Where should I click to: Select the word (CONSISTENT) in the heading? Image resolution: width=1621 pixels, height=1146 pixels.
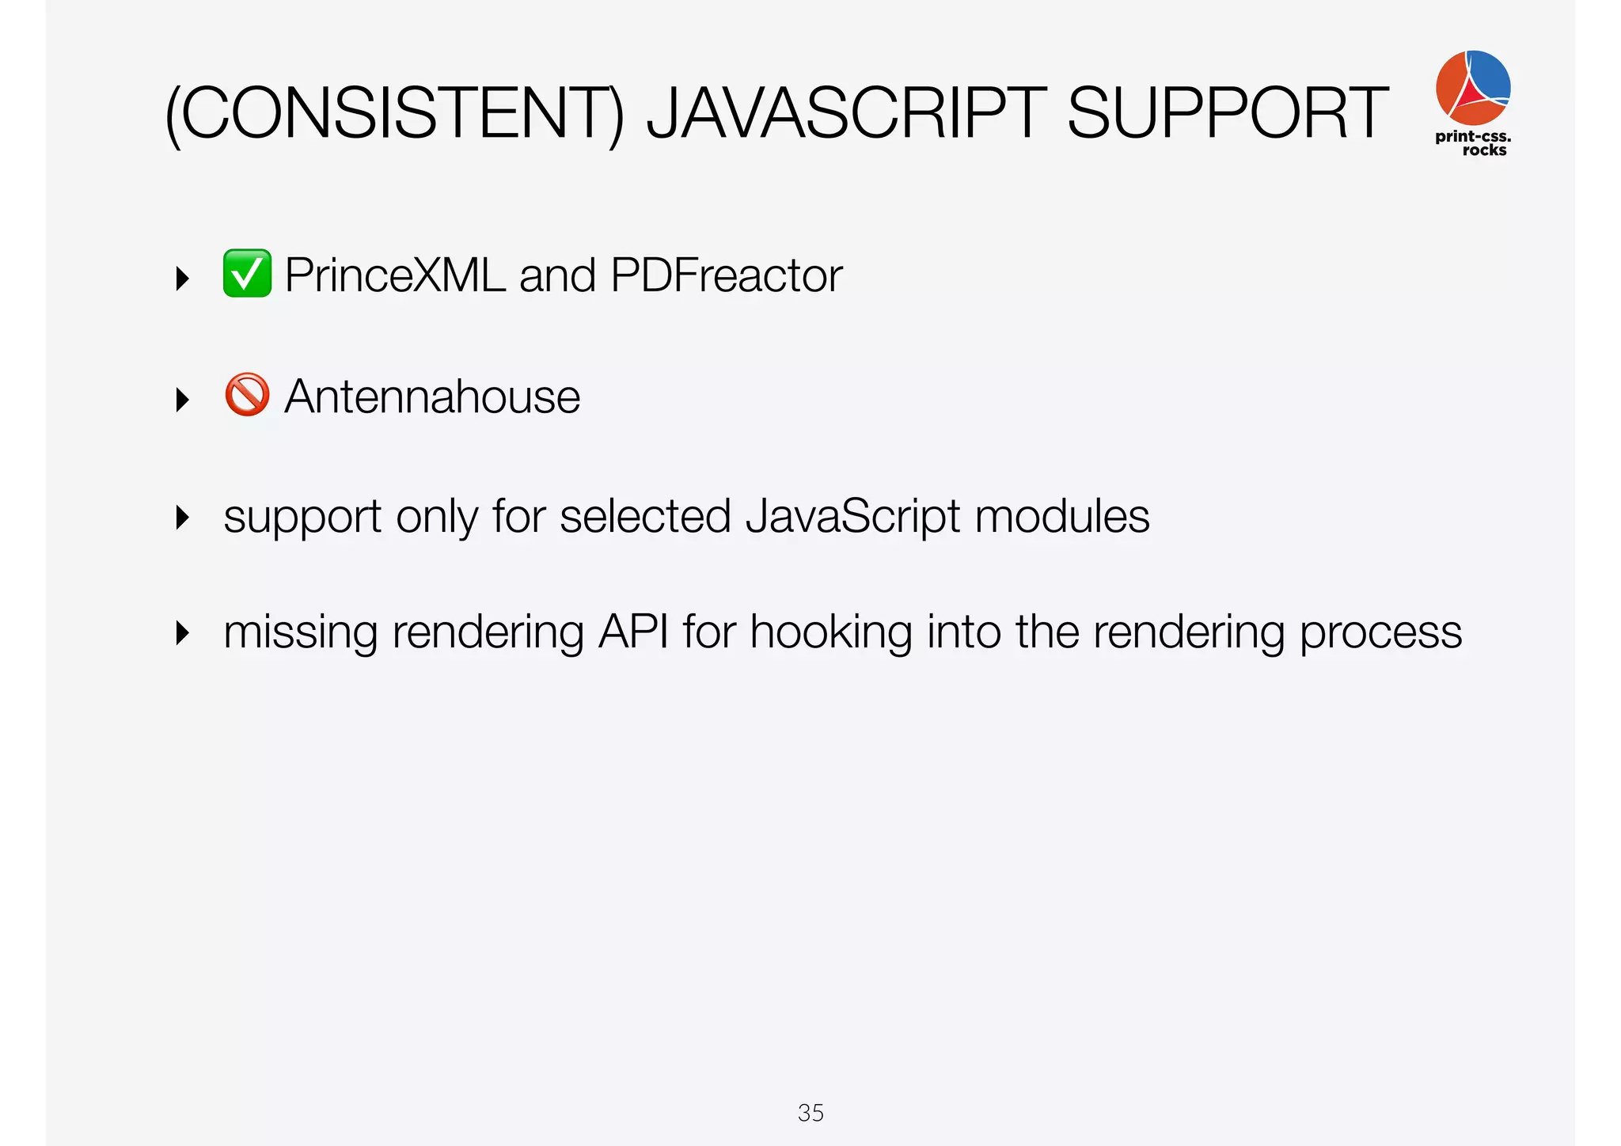click(x=394, y=115)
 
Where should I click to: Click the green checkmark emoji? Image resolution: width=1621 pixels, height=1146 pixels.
click(x=247, y=274)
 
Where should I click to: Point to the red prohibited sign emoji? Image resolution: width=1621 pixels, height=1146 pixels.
click(x=247, y=395)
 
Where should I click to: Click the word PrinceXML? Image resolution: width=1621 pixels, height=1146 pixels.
click(x=394, y=275)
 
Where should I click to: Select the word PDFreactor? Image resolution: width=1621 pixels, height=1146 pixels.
click(x=726, y=275)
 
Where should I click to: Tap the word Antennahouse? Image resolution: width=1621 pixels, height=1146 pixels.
click(x=432, y=397)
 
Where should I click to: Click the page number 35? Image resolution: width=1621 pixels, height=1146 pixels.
click(x=810, y=1113)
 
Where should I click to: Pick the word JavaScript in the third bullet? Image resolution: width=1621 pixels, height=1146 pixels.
click(x=853, y=518)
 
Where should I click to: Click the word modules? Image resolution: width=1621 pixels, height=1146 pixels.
click(x=1062, y=517)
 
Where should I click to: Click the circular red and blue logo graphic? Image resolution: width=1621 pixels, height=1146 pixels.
click(x=1472, y=87)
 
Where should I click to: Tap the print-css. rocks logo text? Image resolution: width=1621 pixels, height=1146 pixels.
click(x=1473, y=143)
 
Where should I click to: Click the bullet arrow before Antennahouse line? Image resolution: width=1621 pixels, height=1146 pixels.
click(x=183, y=400)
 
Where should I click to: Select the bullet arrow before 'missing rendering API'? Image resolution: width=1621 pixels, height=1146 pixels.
click(x=183, y=633)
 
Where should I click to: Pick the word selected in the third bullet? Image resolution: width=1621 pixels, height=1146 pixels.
click(x=645, y=517)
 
